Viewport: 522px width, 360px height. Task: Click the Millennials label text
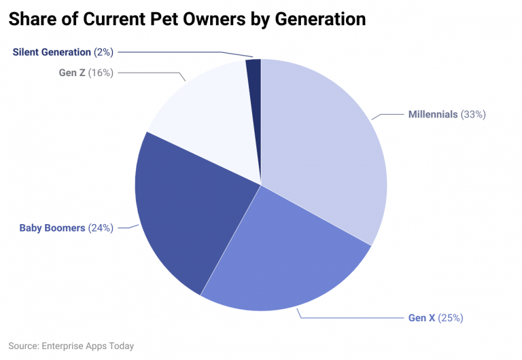432,114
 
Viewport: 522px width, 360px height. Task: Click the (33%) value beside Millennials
473,114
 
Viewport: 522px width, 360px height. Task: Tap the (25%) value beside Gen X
451,318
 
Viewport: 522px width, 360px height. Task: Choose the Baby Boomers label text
52,228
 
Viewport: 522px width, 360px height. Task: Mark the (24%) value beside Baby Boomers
101,228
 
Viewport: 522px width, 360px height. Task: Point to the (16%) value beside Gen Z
101,73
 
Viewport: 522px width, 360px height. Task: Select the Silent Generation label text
52,52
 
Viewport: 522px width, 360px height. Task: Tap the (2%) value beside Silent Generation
103,52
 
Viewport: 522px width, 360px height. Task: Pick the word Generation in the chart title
320,19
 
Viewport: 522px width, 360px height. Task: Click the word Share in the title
32,19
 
